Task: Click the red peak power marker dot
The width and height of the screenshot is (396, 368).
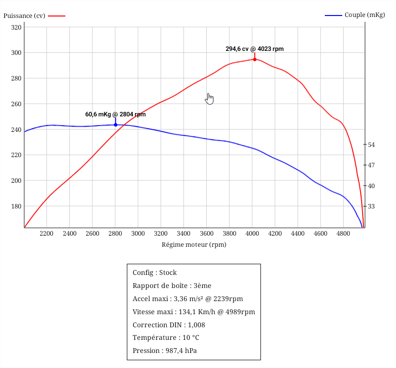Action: click(255, 59)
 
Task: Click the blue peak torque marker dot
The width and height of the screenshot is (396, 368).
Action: click(115, 125)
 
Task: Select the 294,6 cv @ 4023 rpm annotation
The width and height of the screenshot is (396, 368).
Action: click(255, 48)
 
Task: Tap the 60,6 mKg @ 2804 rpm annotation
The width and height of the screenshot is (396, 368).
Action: click(115, 114)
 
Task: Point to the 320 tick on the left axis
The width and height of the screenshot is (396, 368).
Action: click(16, 27)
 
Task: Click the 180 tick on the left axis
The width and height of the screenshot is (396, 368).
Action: click(16, 206)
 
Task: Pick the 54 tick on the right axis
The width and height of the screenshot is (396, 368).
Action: click(372, 144)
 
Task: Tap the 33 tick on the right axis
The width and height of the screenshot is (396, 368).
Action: click(372, 206)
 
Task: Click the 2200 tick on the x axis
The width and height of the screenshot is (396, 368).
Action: click(46, 233)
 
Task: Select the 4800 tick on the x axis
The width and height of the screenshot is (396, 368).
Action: click(343, 233)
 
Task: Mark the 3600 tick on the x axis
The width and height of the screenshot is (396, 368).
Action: click(206, 233)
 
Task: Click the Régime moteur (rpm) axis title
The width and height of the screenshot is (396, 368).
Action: click(194, 244)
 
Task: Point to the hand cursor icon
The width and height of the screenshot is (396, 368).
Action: click(209, 98)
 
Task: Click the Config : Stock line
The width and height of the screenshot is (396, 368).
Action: click(154, 272)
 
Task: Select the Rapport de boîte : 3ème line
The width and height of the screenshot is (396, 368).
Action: click(171, 286)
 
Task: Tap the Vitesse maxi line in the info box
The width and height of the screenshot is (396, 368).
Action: click(194, 312)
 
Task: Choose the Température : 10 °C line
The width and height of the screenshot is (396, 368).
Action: click(166, 337)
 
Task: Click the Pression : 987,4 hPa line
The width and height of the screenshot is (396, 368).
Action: click(165, 351)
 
